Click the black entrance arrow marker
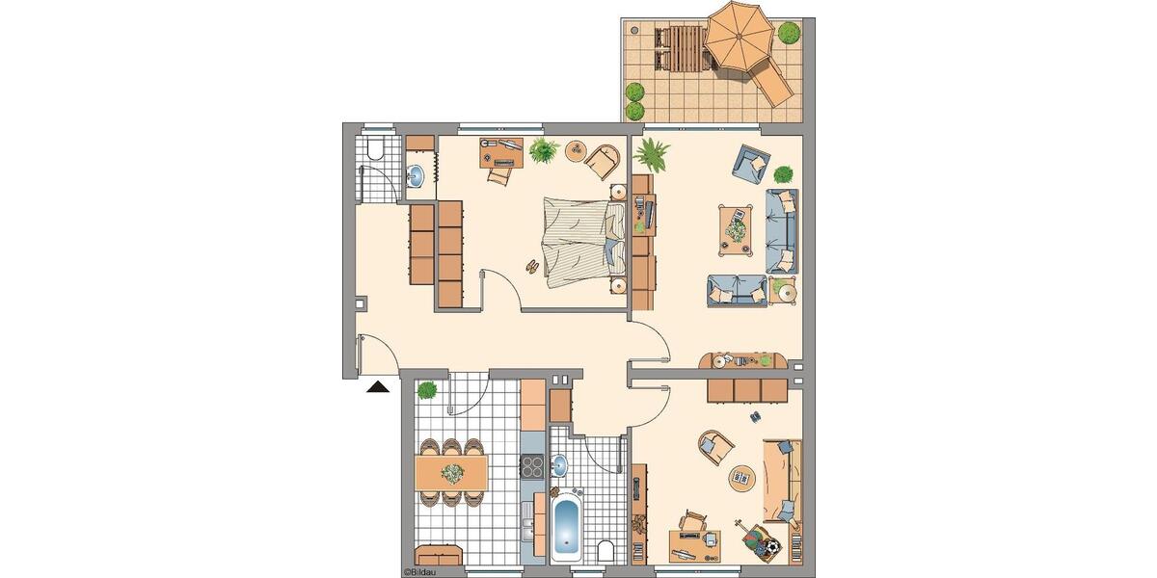pyautogui.click(x=377, y=387)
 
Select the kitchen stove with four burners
pyautogui.click(x=532, y=466)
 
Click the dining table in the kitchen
pyautogui.click(x=450, y=472)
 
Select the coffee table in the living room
pyautogui.click(x=737, y=229)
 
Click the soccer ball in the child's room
pyautogui.click(x=772, y=546)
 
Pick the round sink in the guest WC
pyautogui.click(x=416, y=176)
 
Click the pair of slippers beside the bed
pyautogui.click(x=532, y=266)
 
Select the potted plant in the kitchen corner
pyautogui.click(x=426, y=389)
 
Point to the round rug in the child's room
pyautogui.click(x=741, y=477)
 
